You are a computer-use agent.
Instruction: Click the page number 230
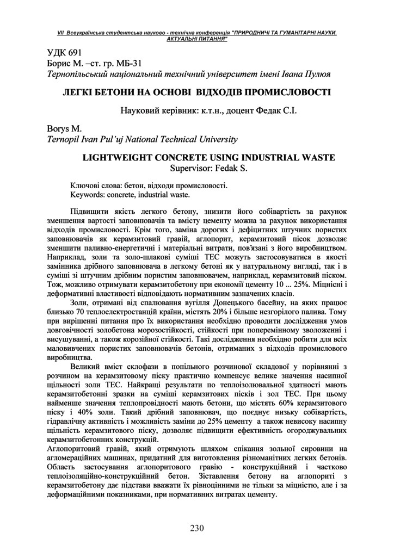196,528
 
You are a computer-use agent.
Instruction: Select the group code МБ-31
113,63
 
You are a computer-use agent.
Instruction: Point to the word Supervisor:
192,168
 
